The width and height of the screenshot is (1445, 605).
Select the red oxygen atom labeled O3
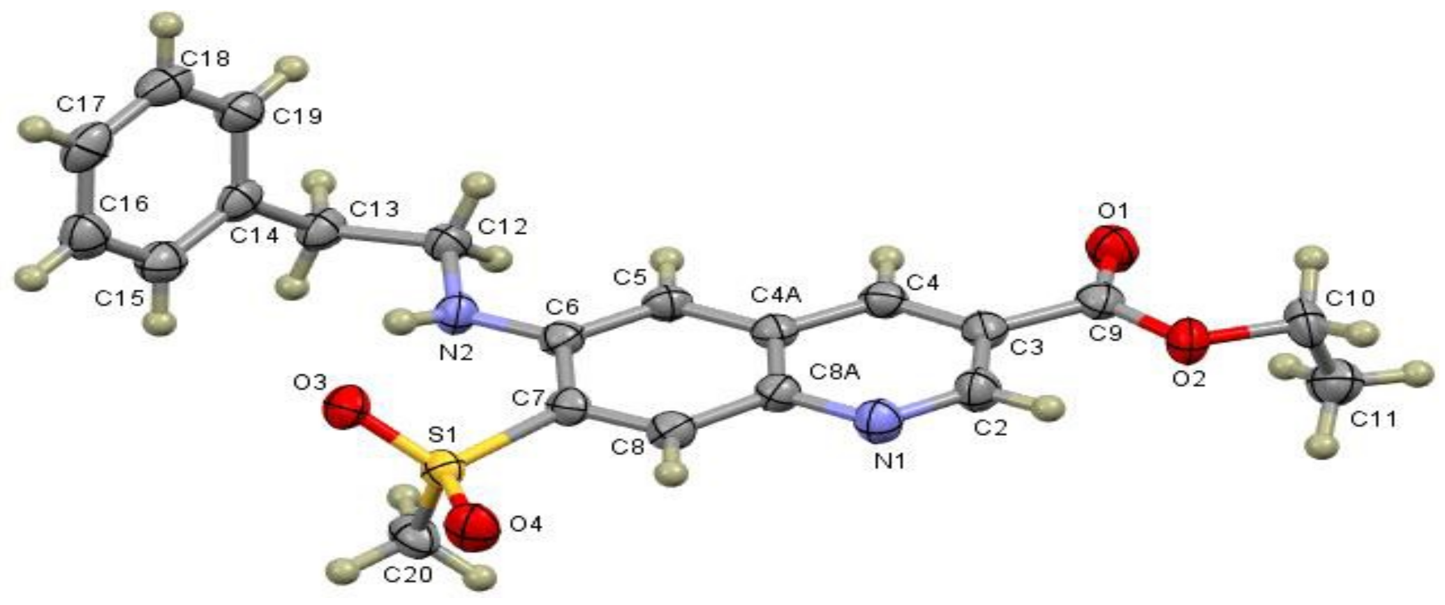pyautogui.click(x=347, y=407)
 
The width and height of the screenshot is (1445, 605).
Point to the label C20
pyautogui.click(x=408, y=574)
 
